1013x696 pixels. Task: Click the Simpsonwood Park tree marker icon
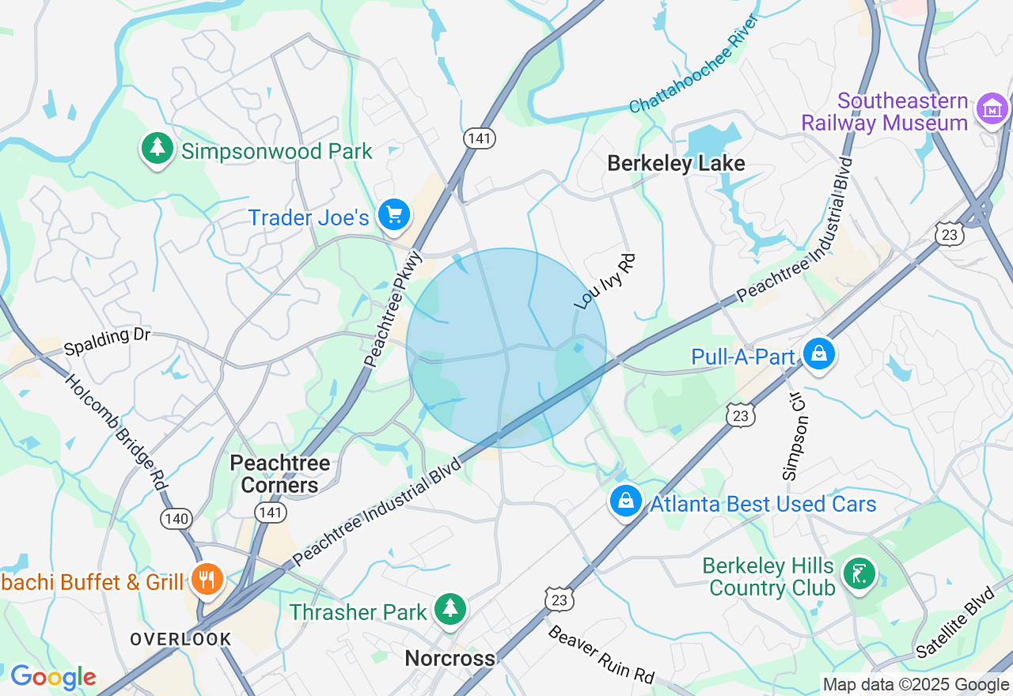tap(157, 149)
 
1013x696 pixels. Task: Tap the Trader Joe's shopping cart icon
tap(393, 215)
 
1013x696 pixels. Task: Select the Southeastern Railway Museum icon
tap(992, 110)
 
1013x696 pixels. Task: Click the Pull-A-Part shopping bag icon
tap(819, 354)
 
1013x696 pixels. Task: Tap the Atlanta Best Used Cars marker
tap(626, 501)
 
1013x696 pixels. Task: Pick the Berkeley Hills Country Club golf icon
tap(859, 573)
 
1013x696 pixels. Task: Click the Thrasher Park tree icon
tap(451, 610)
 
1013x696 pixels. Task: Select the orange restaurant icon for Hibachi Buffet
tap(207, 580)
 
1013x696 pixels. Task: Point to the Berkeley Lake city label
tap(676, 164)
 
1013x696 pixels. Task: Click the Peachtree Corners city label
tap(279, 474)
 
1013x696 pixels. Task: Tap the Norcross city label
tap(450, 658)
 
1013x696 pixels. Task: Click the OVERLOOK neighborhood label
tap(180, 639)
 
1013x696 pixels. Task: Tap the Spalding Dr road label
tap(107, 342)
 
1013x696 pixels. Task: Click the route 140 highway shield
tap(176, 519)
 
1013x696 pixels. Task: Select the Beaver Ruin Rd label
tap(601, 655)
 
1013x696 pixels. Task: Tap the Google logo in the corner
tap(53, 677)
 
